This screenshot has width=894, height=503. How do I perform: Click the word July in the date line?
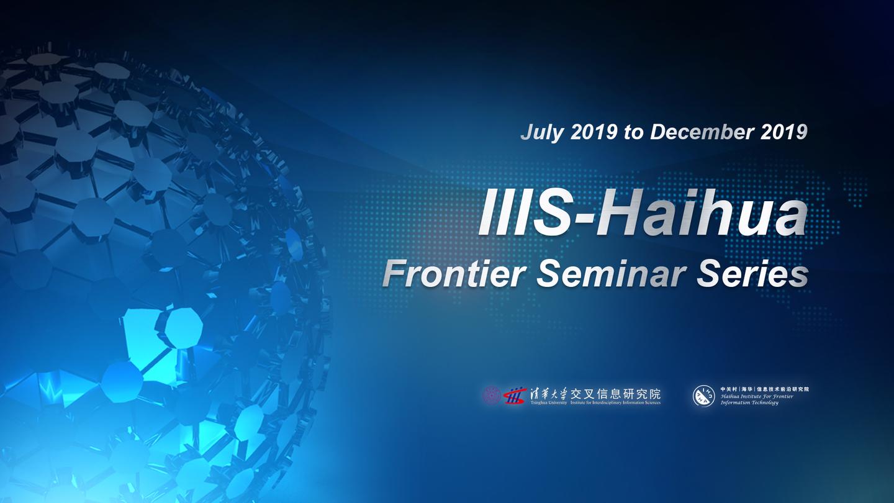point(541,132)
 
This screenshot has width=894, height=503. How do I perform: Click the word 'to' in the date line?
point(634,132)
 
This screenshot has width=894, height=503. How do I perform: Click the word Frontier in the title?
point(454,274)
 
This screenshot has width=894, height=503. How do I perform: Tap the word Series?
point(752,274)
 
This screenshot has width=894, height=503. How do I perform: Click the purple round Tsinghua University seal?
point(492,395)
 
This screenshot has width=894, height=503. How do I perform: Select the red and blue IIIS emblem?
point(513,396)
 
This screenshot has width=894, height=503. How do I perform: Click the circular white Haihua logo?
point(703,396)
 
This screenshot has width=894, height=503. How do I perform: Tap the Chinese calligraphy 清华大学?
point(547,394)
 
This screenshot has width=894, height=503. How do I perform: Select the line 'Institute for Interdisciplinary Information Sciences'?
point(615,403)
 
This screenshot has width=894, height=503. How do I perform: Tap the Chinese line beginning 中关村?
point(764,389)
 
